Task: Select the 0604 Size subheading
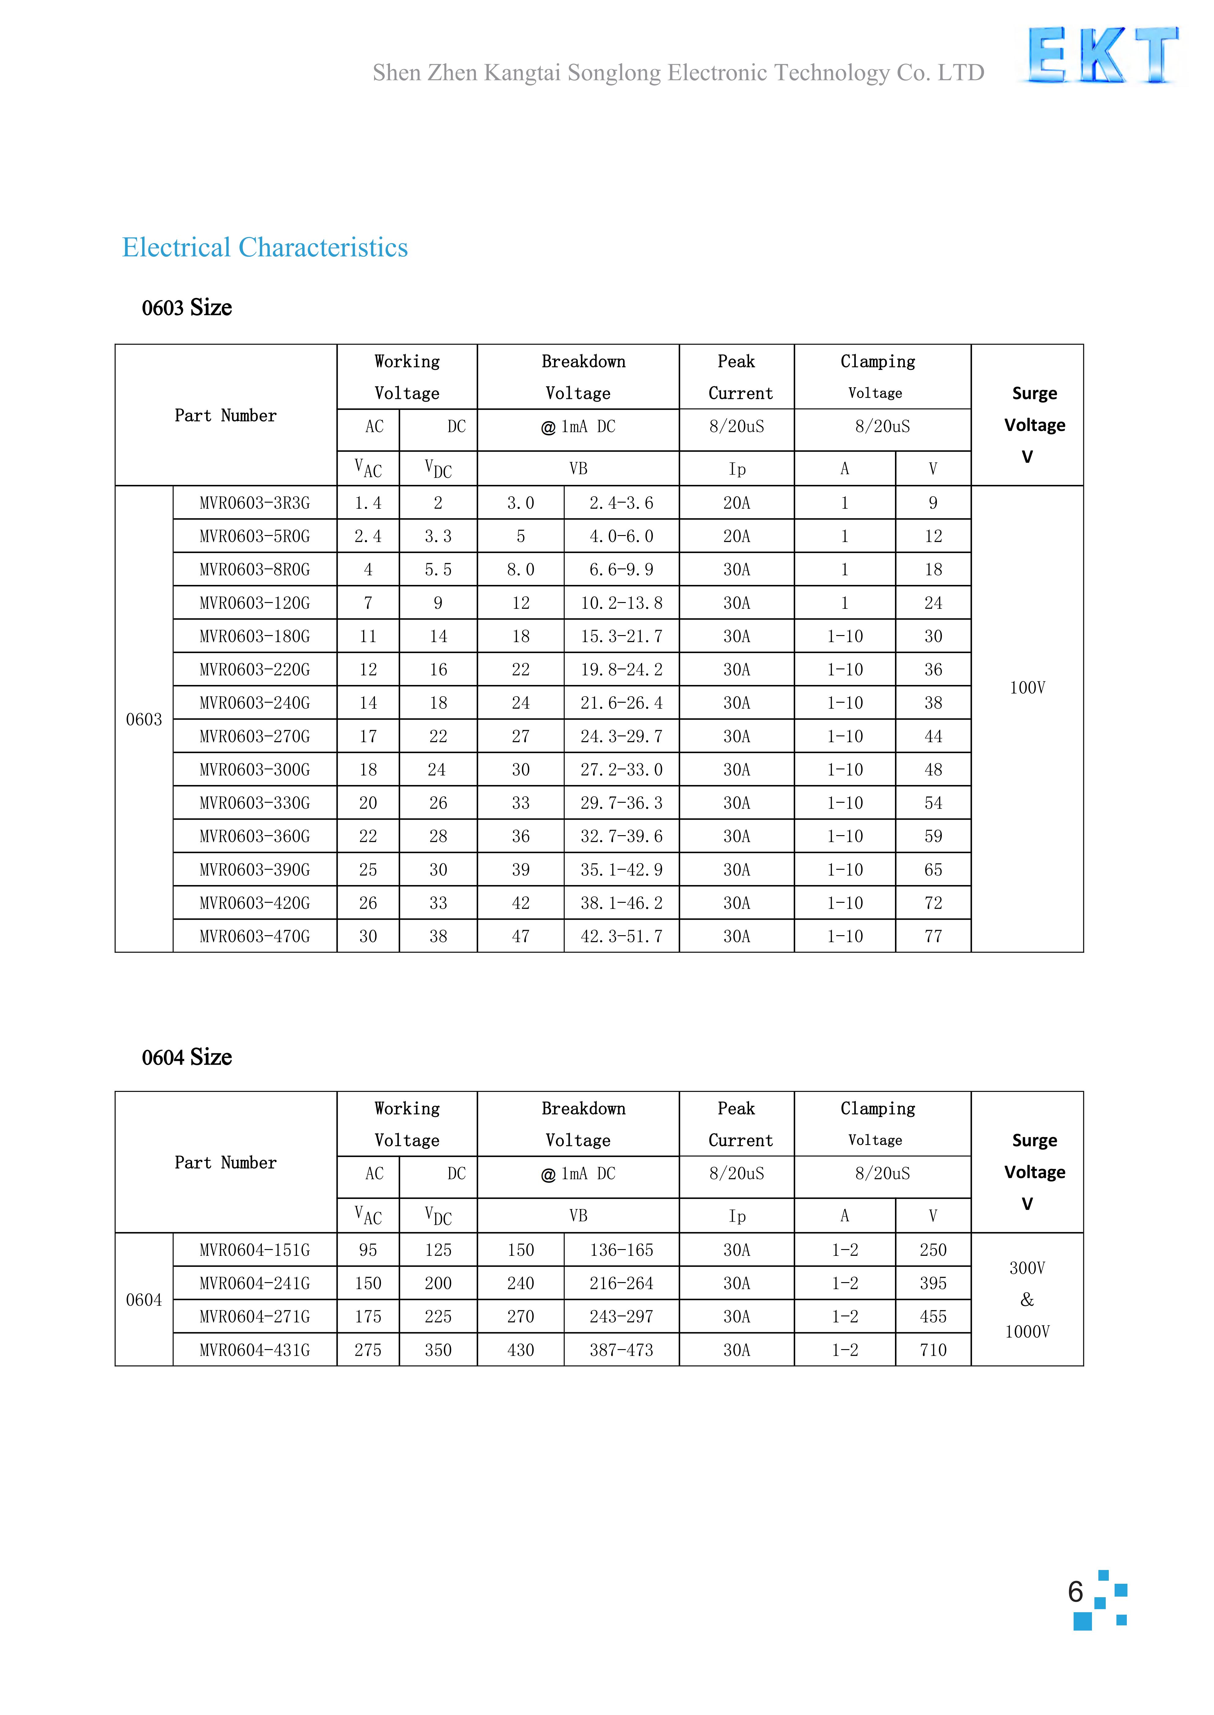coord(187,1057)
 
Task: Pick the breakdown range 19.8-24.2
coord(621,670)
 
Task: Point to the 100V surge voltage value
coord(1027,688)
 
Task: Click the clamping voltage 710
coord(933,1350)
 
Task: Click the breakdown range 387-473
coord(621,1350)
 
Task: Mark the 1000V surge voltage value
coord(1027,1331)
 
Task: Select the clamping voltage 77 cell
coord(933,936)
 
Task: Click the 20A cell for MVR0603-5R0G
coord(736,536)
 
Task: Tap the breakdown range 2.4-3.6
coord(621,503)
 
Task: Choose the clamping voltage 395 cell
coord(933,1284)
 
